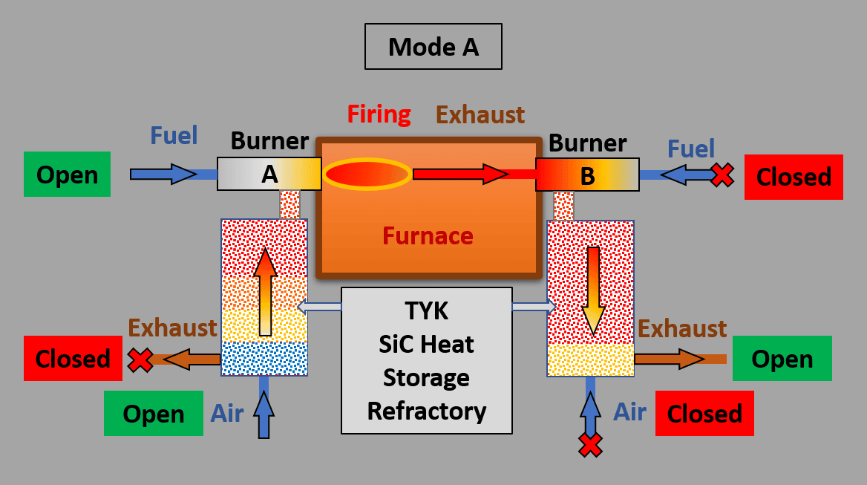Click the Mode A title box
click(x=433, y=47)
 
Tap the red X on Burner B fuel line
click(x=722, y=175)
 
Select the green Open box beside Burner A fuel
click(x=67, y=175)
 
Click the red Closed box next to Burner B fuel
click(x=794, y=177)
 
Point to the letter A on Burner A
click(x=269, y=175)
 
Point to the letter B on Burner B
click(x=587, y=176)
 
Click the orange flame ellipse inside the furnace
click(x=367, y=174)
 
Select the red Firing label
click(x=379, y=114)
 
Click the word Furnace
click(x=428, y=236)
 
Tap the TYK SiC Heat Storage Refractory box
click(x=427, y=360)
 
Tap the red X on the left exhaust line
click(x=139, y=360)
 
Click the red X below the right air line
click(x=590, y=445)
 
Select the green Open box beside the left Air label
click(x=153, y=414)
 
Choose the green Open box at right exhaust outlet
click(x=782, y=359)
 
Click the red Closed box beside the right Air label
click(x=704, y=414)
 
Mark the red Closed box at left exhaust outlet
click(x=73, y=359)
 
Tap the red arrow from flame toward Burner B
click(x=460, y=175)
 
